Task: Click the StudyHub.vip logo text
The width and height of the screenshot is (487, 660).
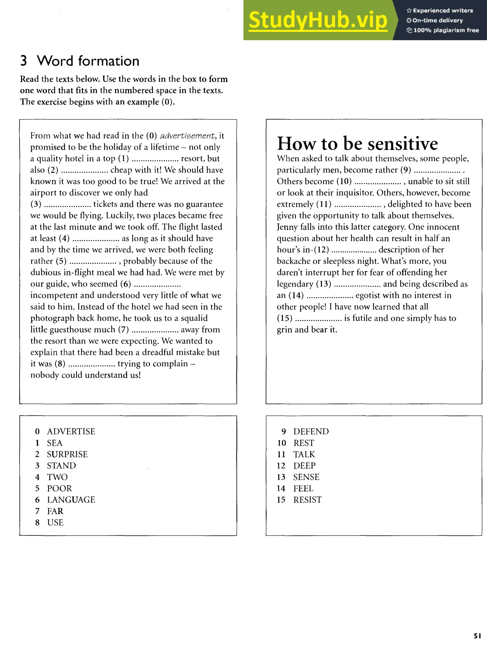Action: tap(318, 20)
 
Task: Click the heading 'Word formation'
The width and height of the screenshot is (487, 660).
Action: tap(88, 61)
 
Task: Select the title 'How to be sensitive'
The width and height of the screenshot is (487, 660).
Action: tap(357, 144)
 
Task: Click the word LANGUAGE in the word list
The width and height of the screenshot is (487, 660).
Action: tap(71, 500)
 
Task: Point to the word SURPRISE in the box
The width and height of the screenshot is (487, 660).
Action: tap(67, 454)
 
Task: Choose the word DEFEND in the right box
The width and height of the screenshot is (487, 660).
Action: tap(311, 432)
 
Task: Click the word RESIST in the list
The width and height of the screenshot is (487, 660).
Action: tap(307, 500)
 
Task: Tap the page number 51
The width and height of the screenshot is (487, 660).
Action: tap(477, 636)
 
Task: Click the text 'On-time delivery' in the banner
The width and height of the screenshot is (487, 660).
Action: tap(438, 20)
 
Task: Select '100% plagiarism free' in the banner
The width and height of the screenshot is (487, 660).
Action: tap(446, 30)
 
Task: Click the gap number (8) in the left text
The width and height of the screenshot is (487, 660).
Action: tap(60, 364)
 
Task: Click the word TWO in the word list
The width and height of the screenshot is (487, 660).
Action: tap(57, 477)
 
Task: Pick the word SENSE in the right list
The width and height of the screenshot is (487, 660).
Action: tap(306, 477)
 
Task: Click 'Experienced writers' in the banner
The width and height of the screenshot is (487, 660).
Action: tap(443, 11)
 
